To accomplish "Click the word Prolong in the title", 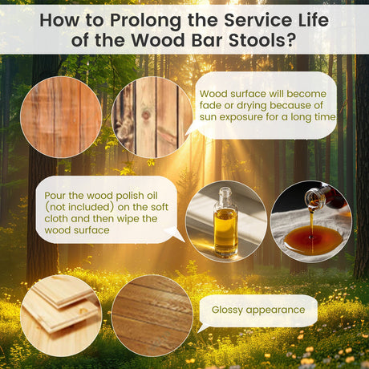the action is click(145, 21).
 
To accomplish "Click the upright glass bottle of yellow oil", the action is click(226, 222).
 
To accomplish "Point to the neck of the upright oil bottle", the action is click(225, 197).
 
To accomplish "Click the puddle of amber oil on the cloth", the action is click(312, 238).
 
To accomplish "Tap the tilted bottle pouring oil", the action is click(323, 197).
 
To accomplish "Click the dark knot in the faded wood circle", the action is click(146, 115).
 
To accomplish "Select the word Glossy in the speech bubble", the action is click(227, 310).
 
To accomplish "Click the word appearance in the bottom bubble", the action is click(275, 310).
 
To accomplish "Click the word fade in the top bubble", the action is click(210, 105).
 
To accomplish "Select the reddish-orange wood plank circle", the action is click(61, 117).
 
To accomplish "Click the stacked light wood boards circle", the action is click(61, 315).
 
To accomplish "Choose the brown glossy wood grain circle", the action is click(152, 315).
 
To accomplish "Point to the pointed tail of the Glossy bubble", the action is click(198, 331).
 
